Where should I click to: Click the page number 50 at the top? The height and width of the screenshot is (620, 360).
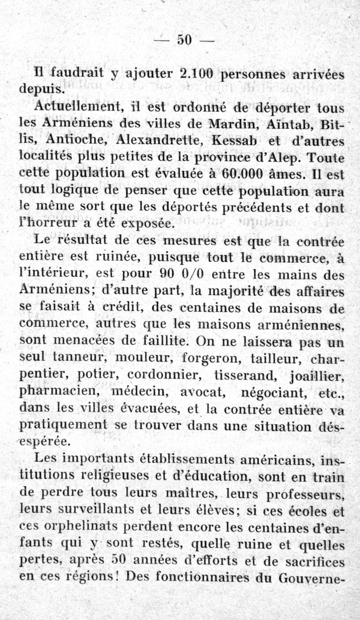[x=184, y=40]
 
